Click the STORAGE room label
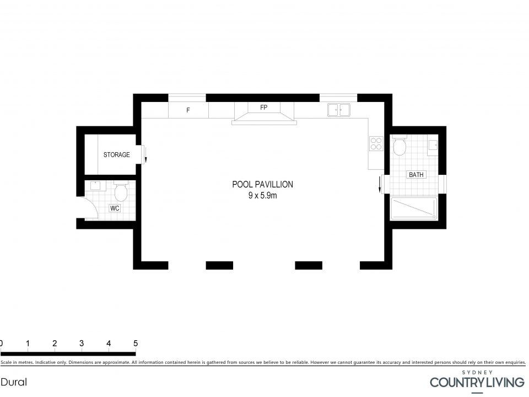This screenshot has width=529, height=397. coord(116,154)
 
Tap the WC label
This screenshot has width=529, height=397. coord(115,208)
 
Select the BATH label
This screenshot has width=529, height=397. coord(416,175)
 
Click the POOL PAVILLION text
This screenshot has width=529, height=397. coord(262,184)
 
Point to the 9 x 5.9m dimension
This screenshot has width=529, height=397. coord(262,195)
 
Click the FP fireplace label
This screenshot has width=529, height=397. coord(264,108)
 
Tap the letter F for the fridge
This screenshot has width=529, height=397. coord(188,110)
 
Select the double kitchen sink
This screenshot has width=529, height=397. coord(338,110)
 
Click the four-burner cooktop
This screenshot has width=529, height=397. coord(376,143)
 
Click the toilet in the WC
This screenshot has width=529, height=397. coord(121,191)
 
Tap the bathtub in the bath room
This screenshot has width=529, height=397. coord(414,208)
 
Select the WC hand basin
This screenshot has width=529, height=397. coord(95,185)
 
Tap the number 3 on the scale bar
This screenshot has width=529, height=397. coord(82,344)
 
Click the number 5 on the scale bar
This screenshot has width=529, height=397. coord(136,344)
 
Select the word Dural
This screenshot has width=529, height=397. coord(14,382)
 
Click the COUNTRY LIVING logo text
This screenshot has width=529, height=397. coord(477,383)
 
